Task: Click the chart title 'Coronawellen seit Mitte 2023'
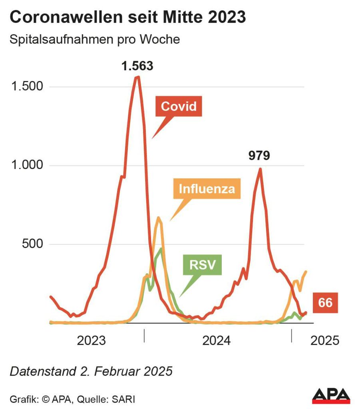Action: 128,17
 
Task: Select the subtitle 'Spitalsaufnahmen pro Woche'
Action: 95,40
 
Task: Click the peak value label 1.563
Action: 137,66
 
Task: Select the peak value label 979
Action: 259,155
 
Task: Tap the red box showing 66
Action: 325,303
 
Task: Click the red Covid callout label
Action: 179,106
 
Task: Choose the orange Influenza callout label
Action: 207,189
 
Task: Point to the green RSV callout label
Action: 202,264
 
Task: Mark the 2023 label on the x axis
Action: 91,341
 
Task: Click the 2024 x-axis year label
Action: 217,341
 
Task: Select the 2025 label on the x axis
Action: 324,341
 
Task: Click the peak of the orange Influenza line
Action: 158,218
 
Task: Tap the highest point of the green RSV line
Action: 161,249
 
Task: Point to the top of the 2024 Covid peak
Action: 260,169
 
